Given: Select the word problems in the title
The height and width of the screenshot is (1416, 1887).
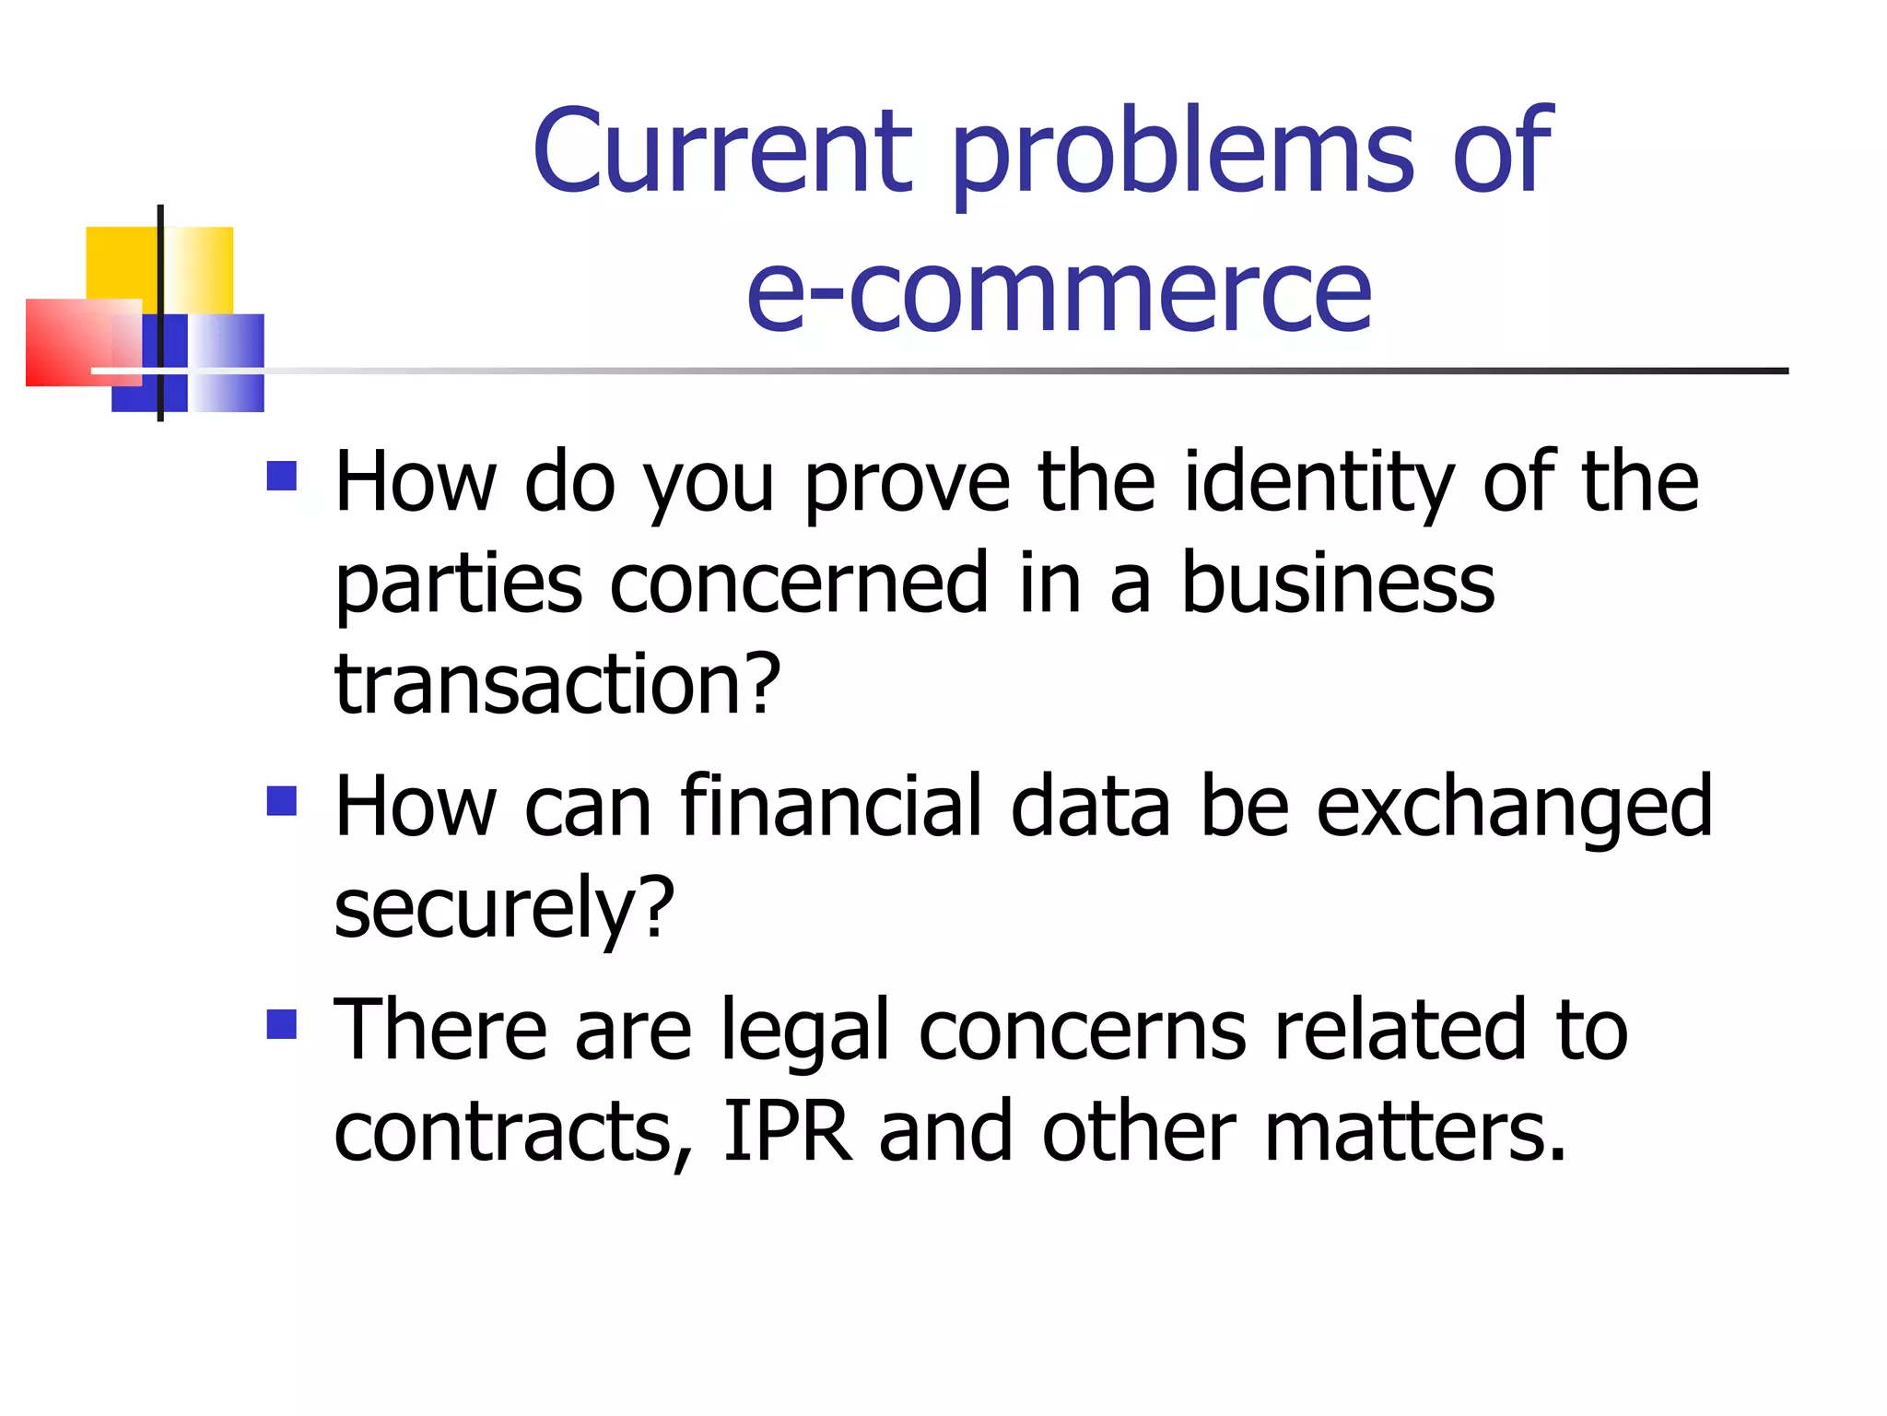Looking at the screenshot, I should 1182,155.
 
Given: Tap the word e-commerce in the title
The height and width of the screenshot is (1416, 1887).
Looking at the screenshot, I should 1059,292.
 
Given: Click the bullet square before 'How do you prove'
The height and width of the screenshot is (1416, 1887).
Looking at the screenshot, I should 282,476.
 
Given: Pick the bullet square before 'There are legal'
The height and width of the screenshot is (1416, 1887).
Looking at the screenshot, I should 282,1024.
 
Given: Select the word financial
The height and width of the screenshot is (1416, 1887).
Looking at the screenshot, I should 830,807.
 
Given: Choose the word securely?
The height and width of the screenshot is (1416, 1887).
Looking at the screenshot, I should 504,909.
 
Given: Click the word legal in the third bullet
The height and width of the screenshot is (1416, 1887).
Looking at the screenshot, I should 805,1032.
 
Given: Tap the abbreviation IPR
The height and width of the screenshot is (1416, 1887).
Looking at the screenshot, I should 788,1131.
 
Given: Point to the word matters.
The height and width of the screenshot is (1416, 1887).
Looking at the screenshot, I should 1414,1131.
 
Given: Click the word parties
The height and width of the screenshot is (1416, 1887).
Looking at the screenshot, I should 459,585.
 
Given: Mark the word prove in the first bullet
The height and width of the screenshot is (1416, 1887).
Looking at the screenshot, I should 908,485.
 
